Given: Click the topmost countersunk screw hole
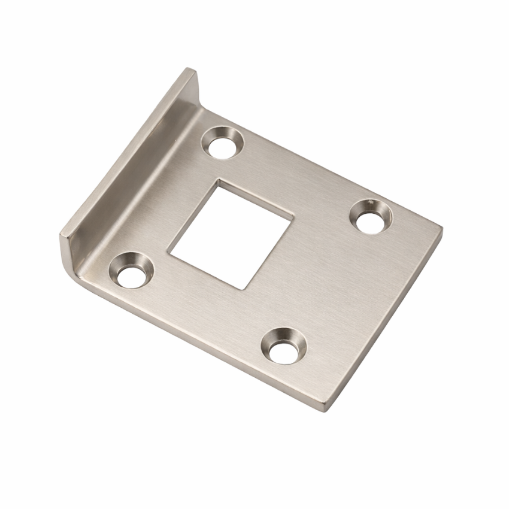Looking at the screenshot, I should [x=223, y=142].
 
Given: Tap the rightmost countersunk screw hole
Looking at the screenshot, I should [x=371, y=216].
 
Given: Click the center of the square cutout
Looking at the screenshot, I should [x=231, y=234].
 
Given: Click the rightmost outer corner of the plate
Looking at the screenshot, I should [x=442, y=228].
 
